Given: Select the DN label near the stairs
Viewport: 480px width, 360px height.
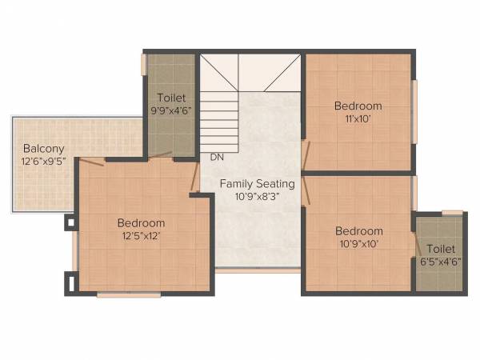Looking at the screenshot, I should [x=217, y=157].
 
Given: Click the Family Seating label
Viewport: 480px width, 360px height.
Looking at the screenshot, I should [x=258, y=183].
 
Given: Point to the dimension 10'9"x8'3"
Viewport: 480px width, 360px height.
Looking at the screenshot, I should [x=258, y=196].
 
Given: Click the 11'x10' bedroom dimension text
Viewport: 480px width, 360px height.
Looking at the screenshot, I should [x=358, y=118].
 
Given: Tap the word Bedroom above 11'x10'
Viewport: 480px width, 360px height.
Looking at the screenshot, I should [x=358, y=106].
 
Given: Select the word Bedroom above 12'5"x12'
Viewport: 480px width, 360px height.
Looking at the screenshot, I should [x=141, y=222].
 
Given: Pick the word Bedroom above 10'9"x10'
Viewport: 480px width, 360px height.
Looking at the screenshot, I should [x=358, y=230].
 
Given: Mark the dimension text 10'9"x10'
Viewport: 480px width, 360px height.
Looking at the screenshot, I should [x=358, y=244].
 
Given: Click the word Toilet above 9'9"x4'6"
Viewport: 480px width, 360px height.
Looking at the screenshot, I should [x=171, y=98].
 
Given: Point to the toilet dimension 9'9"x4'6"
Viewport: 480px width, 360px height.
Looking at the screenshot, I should [x=171, y=110].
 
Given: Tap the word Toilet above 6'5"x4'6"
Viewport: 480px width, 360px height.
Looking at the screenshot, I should [x=441, y=249].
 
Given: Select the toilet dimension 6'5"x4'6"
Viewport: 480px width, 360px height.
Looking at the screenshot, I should [x=441, y=262].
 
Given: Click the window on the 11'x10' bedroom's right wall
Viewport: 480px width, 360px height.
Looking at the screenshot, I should [x=414, y=112].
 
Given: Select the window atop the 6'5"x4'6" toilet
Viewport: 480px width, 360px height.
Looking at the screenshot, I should [x=452, y=212].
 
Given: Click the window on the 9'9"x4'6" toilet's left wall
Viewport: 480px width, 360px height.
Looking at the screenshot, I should [x=144, y=65].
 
